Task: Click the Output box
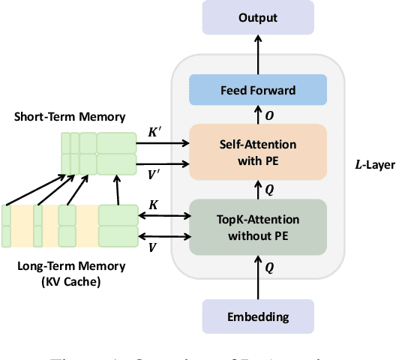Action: click(x=259, y=17)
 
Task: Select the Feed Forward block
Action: click(x=259, y=90)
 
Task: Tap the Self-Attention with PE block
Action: click(x=259, y=151)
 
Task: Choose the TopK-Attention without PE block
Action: click(x=259, y=226)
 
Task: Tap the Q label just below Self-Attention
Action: click(x=271, y=190)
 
